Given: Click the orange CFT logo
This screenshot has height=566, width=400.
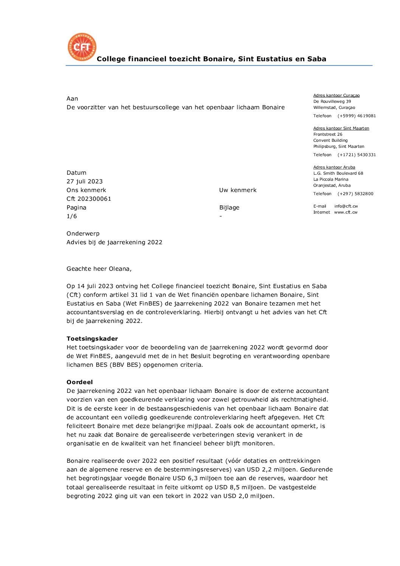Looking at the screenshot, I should (x=82, y=47).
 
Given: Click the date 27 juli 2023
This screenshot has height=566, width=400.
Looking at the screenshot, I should (x=84, y=181).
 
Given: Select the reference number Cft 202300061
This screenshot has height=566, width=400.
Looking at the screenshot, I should (x=89, y=199).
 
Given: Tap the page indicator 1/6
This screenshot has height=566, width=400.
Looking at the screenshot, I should (x=71, y=216).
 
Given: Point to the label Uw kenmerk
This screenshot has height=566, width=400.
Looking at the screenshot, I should (x=237, y=190).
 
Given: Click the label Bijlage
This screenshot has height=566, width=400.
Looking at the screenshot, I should (x=229, y=208).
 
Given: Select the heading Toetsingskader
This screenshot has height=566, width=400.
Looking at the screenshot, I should (x=92, y=339).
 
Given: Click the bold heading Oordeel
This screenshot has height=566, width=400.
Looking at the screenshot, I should (x=79, y=382).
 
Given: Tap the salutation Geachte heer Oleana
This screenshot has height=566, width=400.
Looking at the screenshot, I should (x=99, y=269).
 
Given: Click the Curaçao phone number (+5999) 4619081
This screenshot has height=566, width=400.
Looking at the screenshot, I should (x=357, y=116).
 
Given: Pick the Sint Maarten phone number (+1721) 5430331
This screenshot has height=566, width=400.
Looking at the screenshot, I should (x=357, y=155).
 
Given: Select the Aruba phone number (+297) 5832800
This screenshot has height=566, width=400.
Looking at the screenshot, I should (x=355, y=194).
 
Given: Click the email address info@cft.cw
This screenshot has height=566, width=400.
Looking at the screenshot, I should (x=346, y=206).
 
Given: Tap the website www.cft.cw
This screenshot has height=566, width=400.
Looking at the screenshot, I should (x=346, y=212).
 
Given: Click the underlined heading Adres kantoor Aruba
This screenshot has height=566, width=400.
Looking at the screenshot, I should (x=334, y=167).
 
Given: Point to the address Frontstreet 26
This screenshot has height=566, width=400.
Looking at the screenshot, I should (x=328, y=135).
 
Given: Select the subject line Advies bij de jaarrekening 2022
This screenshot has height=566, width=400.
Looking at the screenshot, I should (x=114, y=242).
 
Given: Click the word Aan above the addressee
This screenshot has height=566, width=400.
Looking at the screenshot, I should (x=72, y=99).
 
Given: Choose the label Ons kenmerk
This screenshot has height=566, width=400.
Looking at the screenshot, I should (x=86, y=190).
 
